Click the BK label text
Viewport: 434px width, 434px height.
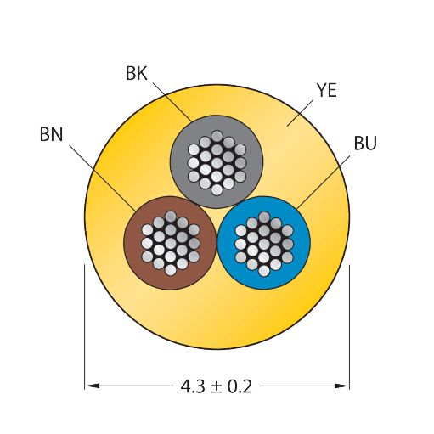click(x=137, y=73)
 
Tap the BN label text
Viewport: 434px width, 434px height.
click(x=51, y=134)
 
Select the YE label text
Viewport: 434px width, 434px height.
click(x=327, y=91)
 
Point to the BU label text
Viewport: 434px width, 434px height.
click(x=365, y=143)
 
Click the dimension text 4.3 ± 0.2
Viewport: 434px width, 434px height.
click(x=217, y=386)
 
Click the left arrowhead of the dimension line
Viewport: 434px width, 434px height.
click(x=92, y=386)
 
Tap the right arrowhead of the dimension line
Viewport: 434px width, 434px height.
click(x=342, y=386)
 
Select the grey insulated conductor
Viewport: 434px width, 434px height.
click(x=217, y=162)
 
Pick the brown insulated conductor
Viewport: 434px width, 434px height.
click(x=170, y=243)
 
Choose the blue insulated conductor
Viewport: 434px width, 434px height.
click(x=264, y=243)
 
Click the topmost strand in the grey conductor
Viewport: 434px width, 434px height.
click(x=217, y=136)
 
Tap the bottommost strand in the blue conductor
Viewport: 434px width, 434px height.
click(x=264, y=271)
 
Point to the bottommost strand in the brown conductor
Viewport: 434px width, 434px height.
click(x=171, y=270)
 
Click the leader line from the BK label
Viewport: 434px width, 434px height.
click(x=172, y=102)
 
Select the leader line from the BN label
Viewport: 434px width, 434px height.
click(x=103, y=178)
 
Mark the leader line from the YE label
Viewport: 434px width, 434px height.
click(x=300, y=113)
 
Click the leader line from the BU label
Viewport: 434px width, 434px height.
click(x=323, y=183)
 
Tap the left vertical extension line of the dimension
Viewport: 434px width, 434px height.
click(x=85, y=327)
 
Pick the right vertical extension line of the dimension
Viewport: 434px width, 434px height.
click(x=349, y=327)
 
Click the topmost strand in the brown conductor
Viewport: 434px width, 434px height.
click(x=171, y=217)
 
